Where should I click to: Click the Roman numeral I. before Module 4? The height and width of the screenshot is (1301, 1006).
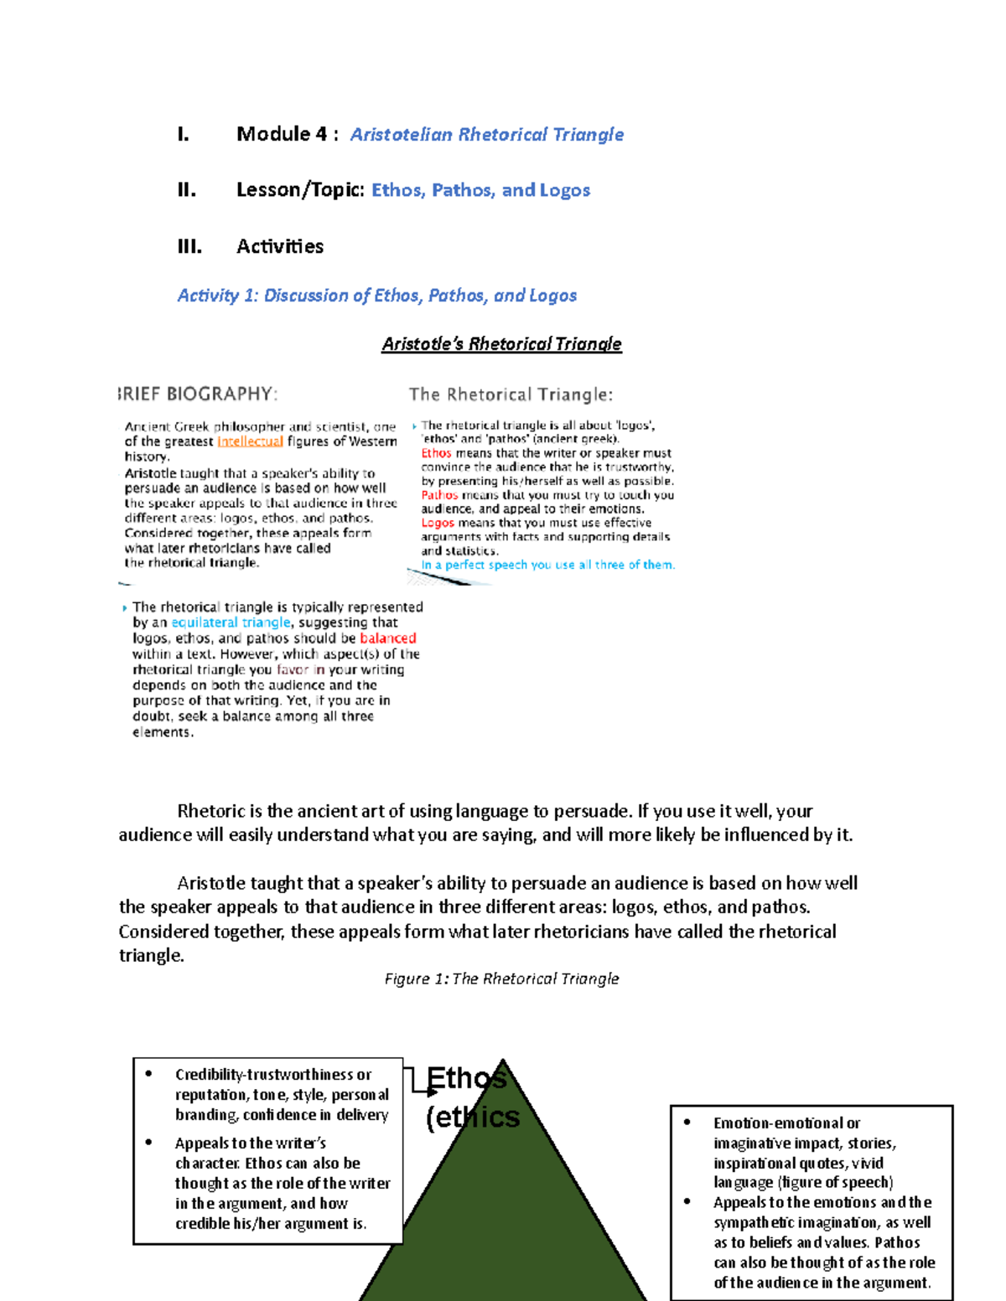point(184,135)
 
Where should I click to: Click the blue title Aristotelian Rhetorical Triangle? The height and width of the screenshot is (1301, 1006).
point(486,135)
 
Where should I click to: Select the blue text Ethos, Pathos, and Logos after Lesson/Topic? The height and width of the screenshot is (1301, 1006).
point(480,190)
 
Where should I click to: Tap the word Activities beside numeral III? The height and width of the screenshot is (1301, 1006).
point(280,246)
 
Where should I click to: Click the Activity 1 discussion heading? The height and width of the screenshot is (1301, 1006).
point(376,296)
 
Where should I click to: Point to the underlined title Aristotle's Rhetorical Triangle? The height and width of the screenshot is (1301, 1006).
point(501,343)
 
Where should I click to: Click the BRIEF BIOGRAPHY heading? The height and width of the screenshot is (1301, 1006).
point(198,394)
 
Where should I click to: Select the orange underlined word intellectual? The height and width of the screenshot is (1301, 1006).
point(250,441)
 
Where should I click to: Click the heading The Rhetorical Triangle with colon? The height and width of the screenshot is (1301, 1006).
point(511,395)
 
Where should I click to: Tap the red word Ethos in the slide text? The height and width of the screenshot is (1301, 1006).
point(436,453)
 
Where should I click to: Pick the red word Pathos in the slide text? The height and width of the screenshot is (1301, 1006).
point(439,495)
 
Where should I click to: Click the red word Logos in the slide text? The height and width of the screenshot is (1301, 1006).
point(438,523)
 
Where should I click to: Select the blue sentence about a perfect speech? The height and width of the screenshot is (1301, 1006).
point(547,565)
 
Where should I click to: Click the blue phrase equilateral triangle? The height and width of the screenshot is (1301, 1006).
point(231,622)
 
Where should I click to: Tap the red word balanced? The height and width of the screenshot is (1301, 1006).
point(387,638)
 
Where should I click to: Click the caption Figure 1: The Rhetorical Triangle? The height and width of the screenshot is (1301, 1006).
point(501,978)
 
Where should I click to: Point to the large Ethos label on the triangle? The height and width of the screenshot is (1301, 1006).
point(466,1078)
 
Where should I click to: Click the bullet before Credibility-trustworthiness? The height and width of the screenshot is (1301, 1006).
point(149,1074)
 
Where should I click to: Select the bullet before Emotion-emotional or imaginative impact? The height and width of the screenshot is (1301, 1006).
point(687,1123)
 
